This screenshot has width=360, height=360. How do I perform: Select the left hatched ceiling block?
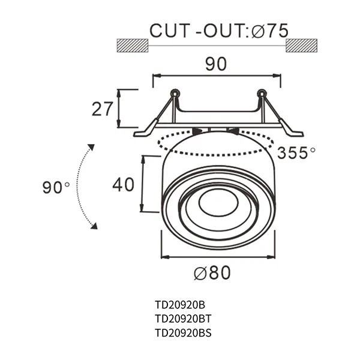click(x=133, y=46)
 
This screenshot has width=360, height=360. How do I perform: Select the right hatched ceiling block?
click(x=302, y=46)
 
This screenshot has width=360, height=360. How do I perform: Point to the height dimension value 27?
click(x=103, y=109)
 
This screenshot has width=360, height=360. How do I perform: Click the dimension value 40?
click(x=123, y=185)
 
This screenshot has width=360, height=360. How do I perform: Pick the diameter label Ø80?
click(x=212, y=274)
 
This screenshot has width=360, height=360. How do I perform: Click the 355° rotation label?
click(x=296, y=152)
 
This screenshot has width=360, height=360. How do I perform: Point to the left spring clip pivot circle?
click(x=174, y=94)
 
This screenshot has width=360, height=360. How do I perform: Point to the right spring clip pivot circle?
click(x=261, y=94)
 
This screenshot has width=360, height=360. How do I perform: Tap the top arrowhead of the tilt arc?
click(x=91, y=148)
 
